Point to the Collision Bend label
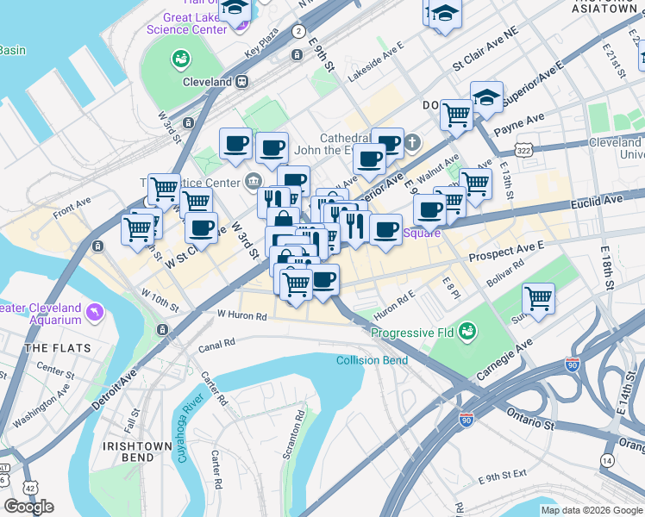coord(372,360)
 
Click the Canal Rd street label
coord(216,344)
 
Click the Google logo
coord(28,506)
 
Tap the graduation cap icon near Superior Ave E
coord(486,97)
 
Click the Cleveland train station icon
coord(243,81)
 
